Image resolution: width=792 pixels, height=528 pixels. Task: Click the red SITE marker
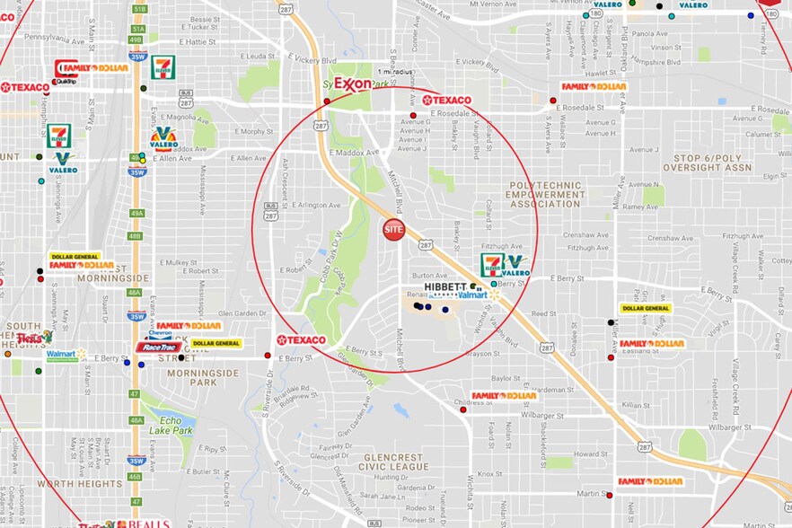394,229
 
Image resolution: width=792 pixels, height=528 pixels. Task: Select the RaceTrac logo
158,347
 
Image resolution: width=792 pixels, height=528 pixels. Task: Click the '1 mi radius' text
396,71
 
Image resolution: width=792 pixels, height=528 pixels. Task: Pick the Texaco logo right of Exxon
446,100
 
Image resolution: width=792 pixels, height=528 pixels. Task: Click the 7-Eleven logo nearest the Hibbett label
492,264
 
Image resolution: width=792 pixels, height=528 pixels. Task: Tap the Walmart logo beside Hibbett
476,294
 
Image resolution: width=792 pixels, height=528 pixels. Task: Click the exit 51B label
138,8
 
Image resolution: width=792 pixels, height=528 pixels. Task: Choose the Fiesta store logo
34,338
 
